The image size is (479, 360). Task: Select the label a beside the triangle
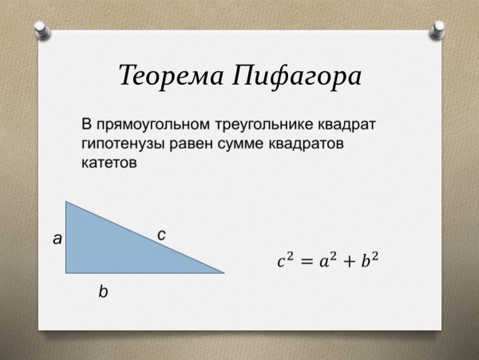[x=57, y=238]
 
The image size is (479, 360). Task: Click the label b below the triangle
[x=102, y=292]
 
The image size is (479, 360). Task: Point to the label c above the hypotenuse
[x=161, y=235]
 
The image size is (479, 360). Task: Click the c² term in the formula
[x=285, y=259]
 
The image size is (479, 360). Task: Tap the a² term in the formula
[x=326, y=259]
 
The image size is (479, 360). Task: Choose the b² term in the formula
[x=366, y=259]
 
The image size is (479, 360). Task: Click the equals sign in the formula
[x=305, y=261]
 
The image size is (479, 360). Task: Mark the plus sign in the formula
[x=346, y=261]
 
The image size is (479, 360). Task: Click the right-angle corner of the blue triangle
[x=67, y=271]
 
